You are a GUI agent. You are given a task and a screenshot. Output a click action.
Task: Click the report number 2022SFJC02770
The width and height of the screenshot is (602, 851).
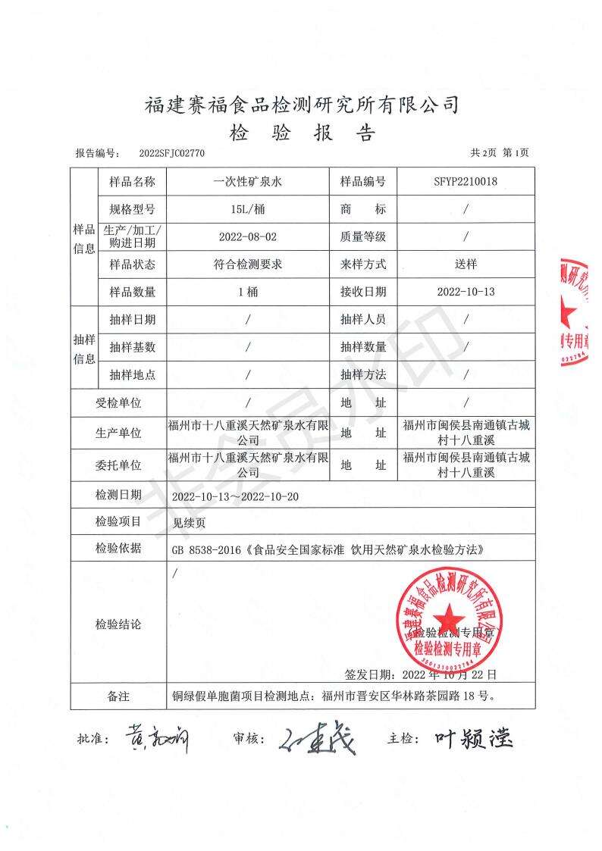pos(172,153)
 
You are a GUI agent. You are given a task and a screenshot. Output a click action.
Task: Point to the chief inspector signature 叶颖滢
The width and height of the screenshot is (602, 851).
pos(474,737)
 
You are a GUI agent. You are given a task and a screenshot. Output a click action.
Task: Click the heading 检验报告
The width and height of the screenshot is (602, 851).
pos(302,133)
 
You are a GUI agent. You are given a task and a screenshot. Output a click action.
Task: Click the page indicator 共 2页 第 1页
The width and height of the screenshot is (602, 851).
pos(500,153)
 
